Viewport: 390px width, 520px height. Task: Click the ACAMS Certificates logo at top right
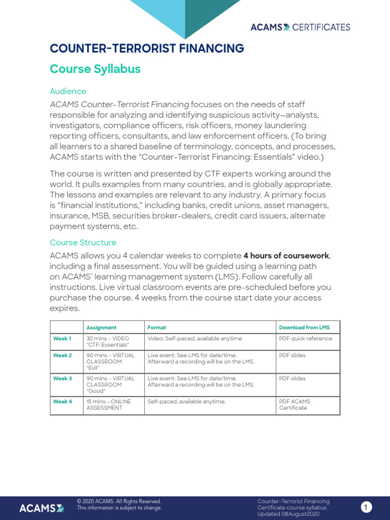(300, 27)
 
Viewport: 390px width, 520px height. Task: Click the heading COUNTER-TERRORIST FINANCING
(147, 49)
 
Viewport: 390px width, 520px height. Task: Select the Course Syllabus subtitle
(95, 69)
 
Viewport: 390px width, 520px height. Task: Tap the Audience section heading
(68, 91)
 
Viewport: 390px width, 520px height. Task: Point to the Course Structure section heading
(83, 243)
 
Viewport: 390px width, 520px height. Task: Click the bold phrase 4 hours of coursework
(286, 255)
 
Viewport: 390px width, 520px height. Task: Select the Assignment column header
(102, 328)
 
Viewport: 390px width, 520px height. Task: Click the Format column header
(157, 328)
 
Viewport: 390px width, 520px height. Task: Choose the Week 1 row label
(62, 339)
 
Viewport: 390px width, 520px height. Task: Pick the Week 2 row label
(62, 355)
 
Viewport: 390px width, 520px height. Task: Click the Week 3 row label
(62, 379)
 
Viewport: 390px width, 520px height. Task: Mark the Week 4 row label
(62, 402)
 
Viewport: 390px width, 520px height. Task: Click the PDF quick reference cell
(305, 339)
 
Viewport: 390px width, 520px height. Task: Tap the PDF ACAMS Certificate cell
(295, 405)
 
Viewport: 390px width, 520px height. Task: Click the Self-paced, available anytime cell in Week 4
(186, 402)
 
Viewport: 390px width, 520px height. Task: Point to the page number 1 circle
(367, 507)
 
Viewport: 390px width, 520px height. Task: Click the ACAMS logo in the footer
(42, 508)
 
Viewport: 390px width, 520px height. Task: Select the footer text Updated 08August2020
(288, 514)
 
